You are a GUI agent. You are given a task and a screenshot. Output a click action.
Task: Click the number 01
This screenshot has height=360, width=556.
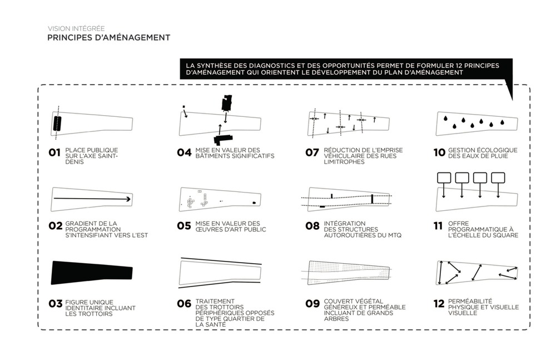pyautogui.click(x=54, y=152)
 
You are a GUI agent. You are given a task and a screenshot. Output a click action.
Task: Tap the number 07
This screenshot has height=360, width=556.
pyautogui.click(x=312, y=152)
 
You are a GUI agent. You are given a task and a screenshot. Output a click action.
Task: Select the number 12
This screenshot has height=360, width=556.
pyautogui.click(x=439, y=304)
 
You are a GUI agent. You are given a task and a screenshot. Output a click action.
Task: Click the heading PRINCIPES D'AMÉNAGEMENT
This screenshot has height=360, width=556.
pyautogui.click(x=109, y=38)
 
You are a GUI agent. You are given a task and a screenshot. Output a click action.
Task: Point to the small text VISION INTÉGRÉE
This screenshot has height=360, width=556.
pyautogui.click(x=76, y=28)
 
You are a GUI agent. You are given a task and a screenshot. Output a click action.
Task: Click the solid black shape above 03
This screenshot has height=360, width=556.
pyautogui.click(x=92, y=273)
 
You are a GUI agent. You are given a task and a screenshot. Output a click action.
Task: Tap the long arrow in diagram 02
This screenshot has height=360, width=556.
pyautogui.click(x=92, y=199)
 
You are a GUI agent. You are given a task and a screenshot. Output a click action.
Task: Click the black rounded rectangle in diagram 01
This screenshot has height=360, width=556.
pyautogui.click(x=57, y=124)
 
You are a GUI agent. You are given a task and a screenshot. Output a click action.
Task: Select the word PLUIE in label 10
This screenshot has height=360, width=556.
pyautogui.click(x=500, y=156)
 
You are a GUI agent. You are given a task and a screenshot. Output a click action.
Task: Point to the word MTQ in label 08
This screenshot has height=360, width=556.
pyautogui.click(x=394, y=235)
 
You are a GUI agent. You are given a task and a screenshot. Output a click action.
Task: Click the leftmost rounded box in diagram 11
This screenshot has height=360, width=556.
pyautogui.click(x=444, y=177)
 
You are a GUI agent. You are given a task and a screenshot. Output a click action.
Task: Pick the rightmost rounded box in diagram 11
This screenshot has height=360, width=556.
pyautogui.click(x=498, y=177)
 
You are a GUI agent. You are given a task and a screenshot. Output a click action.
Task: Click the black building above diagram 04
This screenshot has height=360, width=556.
pyautogui.click(x=227, y=103)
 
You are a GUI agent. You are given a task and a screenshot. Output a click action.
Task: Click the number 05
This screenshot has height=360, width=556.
pyautogui.click(x=184, y=226)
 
